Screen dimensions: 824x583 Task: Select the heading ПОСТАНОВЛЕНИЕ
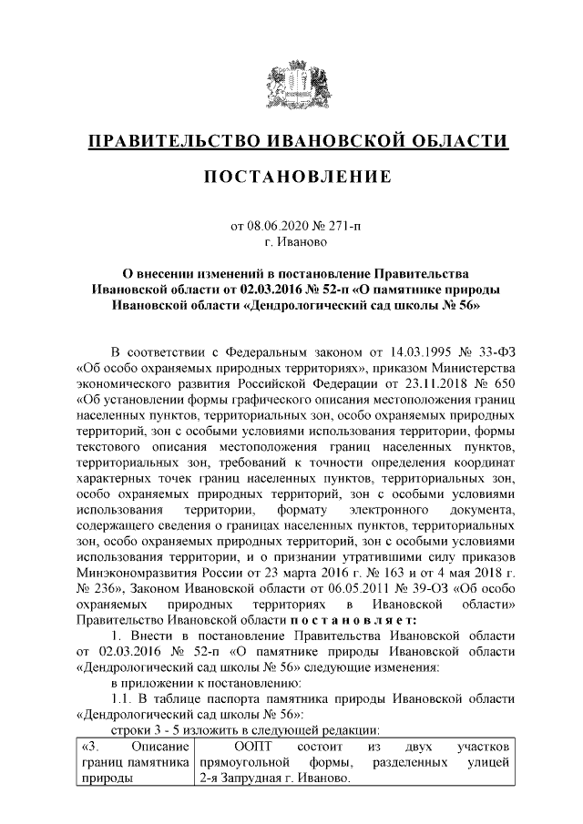[x=291, y=175]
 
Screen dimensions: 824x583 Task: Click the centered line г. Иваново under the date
[x=291, y=242]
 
